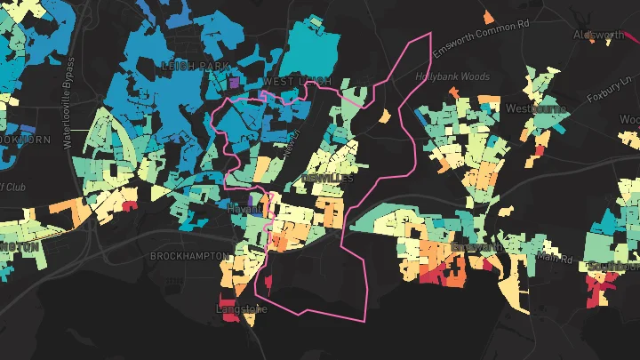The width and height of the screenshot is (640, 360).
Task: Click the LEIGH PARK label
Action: pos(195,67)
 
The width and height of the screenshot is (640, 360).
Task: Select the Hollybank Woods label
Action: pos(452,77)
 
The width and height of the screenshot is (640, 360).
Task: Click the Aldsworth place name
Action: pos(599,36)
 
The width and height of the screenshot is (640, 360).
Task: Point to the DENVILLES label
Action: pos(328,179)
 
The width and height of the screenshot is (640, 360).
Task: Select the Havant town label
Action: pos(241,208)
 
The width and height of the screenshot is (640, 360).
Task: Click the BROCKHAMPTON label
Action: pos(189,256)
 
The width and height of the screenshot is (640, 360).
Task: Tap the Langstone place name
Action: pos(242,309)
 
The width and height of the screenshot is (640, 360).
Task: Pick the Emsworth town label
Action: pos(477,246)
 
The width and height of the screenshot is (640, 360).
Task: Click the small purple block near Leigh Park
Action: pos(234,82)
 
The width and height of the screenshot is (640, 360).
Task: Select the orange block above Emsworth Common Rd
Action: pos(488,15)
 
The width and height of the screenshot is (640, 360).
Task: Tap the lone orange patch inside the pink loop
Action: pos(385,115)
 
